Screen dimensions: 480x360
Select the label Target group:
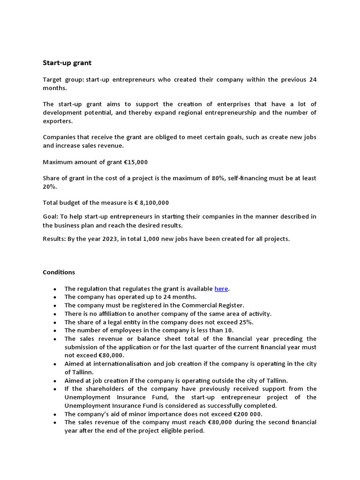63,80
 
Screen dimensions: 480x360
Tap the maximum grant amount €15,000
135,162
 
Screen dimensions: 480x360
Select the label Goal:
51,216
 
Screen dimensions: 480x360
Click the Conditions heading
59,272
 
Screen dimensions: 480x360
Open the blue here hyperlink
221,289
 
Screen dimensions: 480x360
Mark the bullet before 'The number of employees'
56,330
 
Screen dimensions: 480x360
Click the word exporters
58,121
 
